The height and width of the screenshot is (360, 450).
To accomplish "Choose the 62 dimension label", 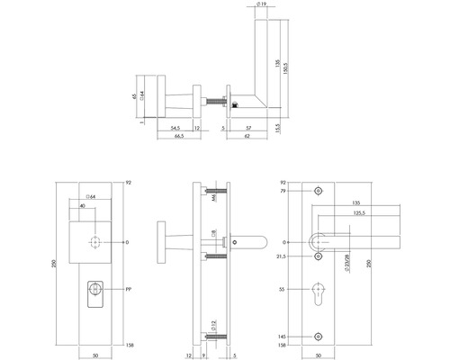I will pos(247,139).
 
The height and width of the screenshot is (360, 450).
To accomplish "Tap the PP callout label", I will pos(130,290).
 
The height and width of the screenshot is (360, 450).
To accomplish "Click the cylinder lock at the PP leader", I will pos(94,291).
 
